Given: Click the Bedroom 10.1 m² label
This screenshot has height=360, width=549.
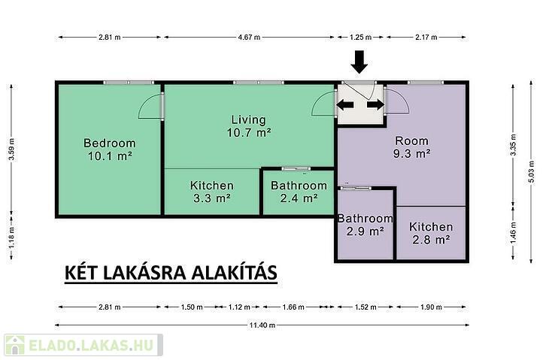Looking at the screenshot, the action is click(110, 150).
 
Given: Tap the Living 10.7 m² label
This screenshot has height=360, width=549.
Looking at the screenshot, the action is click(249, 126).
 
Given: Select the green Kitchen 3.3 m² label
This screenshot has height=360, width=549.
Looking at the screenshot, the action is click(212, 192).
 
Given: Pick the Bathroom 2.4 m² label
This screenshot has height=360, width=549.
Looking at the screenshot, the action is click(299, 192).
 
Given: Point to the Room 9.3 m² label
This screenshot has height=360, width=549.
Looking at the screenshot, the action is click(412, 147).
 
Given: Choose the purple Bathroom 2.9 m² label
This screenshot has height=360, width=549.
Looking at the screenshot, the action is click(365, 225).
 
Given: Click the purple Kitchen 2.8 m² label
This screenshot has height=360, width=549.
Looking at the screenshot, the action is click(431, 233).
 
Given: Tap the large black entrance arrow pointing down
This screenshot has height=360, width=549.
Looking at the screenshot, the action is click(359, 62).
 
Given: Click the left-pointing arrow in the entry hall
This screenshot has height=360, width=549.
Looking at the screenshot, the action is click(345, 104).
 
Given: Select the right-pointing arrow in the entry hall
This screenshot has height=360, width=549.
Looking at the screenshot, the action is click(376, 104).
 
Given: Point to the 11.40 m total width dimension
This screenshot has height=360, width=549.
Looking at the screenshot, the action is click(262, 325).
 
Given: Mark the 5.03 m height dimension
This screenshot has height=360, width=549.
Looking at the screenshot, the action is click(531, 171).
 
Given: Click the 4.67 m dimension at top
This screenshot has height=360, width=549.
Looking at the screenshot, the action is click(249, 37).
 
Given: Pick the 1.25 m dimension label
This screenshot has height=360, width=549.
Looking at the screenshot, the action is click(361, 37).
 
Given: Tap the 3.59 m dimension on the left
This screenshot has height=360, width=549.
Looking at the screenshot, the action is click(11, 150).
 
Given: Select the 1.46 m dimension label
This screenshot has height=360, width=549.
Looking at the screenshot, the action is click(514, 233).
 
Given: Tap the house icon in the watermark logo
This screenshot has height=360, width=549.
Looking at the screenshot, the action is click(15, 345).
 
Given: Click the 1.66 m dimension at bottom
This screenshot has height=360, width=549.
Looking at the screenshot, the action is click(293, 307).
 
